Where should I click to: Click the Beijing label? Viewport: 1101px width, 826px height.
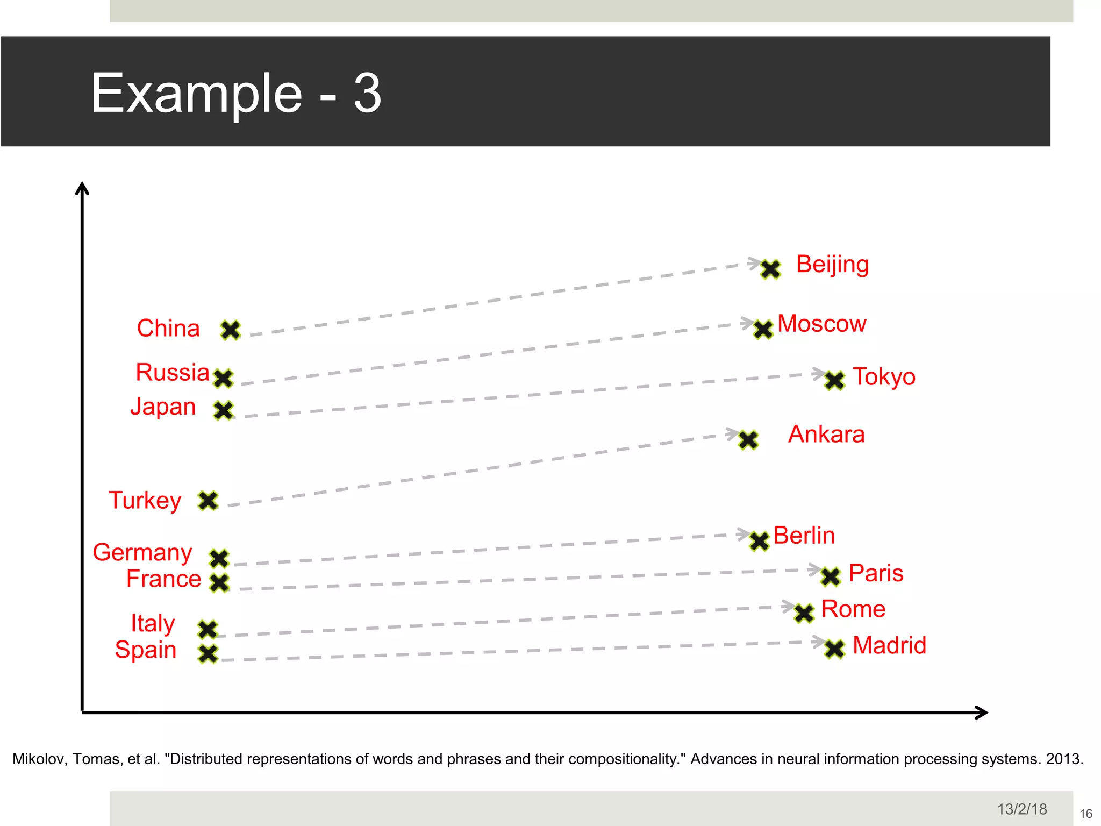(832, 265)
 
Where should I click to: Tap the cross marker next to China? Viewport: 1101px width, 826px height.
(231, 330)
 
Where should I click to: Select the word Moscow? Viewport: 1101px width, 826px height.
(821, 324)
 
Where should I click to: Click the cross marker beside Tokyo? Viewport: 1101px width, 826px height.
(835, 380)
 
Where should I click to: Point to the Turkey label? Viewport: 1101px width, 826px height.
(145, 501)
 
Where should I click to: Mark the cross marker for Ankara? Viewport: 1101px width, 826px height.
(748, 439)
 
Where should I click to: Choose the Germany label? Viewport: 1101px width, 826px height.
(142, 553)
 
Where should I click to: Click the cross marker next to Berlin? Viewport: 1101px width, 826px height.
(760, 541)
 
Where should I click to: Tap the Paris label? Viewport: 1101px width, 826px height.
(876, 573)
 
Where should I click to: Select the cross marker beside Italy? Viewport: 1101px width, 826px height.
(208, 629)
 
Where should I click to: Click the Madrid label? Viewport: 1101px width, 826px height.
(889, 645)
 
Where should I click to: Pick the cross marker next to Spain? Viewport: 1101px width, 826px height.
(208, 653)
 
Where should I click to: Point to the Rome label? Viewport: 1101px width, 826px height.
(853, 609)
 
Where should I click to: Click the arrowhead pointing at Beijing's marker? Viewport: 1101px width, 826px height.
(755, 263)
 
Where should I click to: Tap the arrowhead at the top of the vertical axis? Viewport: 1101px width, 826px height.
(82, 188)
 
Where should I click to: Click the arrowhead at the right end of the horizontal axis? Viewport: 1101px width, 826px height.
(982, 713)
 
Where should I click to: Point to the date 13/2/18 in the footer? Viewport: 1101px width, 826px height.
(1022, 809)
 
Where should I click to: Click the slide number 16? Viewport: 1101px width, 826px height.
(1086, 814)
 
